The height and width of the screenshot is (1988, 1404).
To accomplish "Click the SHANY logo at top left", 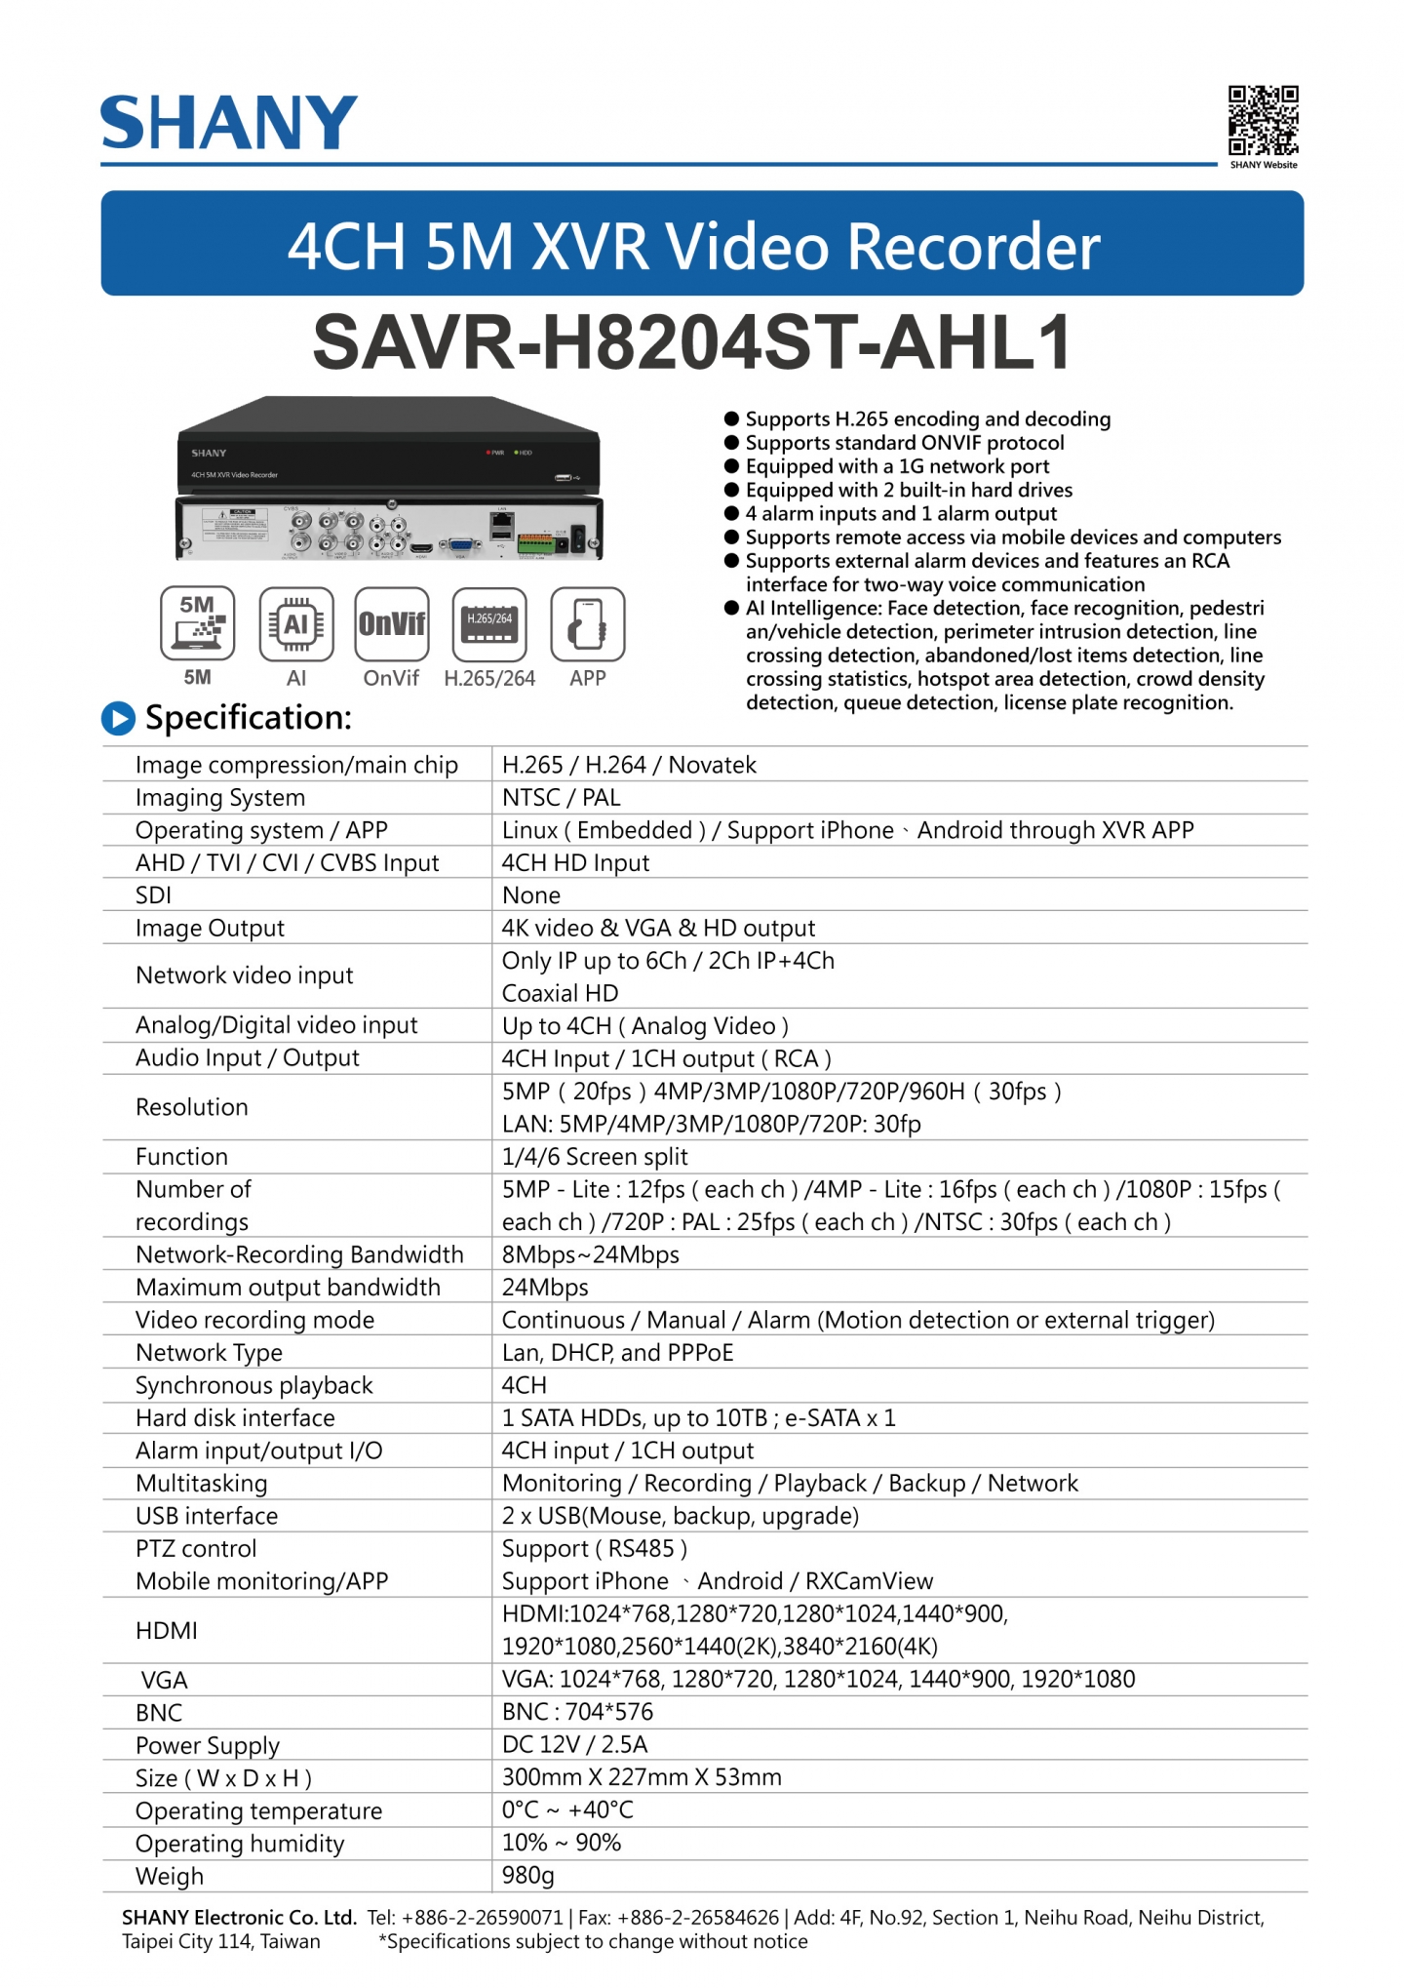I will [229, 123].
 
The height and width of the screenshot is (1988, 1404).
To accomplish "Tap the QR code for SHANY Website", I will [1263, 121].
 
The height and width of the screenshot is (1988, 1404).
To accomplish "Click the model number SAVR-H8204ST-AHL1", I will [691, 342].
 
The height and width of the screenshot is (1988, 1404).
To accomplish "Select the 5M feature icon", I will [197, 623].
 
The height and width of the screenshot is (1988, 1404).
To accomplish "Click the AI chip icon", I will [296, 623].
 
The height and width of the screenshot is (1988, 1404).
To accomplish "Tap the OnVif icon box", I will [392, 623].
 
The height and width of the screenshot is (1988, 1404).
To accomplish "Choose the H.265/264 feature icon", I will [489, 623].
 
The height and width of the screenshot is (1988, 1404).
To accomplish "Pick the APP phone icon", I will [588, 623].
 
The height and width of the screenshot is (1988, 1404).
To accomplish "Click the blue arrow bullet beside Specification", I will [118, 718].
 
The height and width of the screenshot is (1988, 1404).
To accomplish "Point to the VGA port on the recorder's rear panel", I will [460, 547].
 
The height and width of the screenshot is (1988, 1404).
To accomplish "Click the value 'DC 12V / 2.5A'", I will [574, 1744].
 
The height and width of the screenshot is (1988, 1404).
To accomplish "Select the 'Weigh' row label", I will [170, 1876].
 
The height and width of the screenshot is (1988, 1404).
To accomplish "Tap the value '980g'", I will [527, 1875].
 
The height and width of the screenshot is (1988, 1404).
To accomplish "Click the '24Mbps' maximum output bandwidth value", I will [545, 1287].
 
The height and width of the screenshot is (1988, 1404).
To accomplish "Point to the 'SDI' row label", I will [153, 895].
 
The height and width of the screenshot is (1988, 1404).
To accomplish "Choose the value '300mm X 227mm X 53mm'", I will [642, 1777].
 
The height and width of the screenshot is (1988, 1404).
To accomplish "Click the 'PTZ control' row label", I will [196, 1548].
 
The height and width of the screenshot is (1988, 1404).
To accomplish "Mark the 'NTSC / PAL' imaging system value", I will [561, 798].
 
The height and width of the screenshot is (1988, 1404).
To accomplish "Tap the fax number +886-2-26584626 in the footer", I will [698, 1918].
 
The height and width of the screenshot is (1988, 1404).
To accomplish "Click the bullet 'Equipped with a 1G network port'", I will [897, 466].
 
